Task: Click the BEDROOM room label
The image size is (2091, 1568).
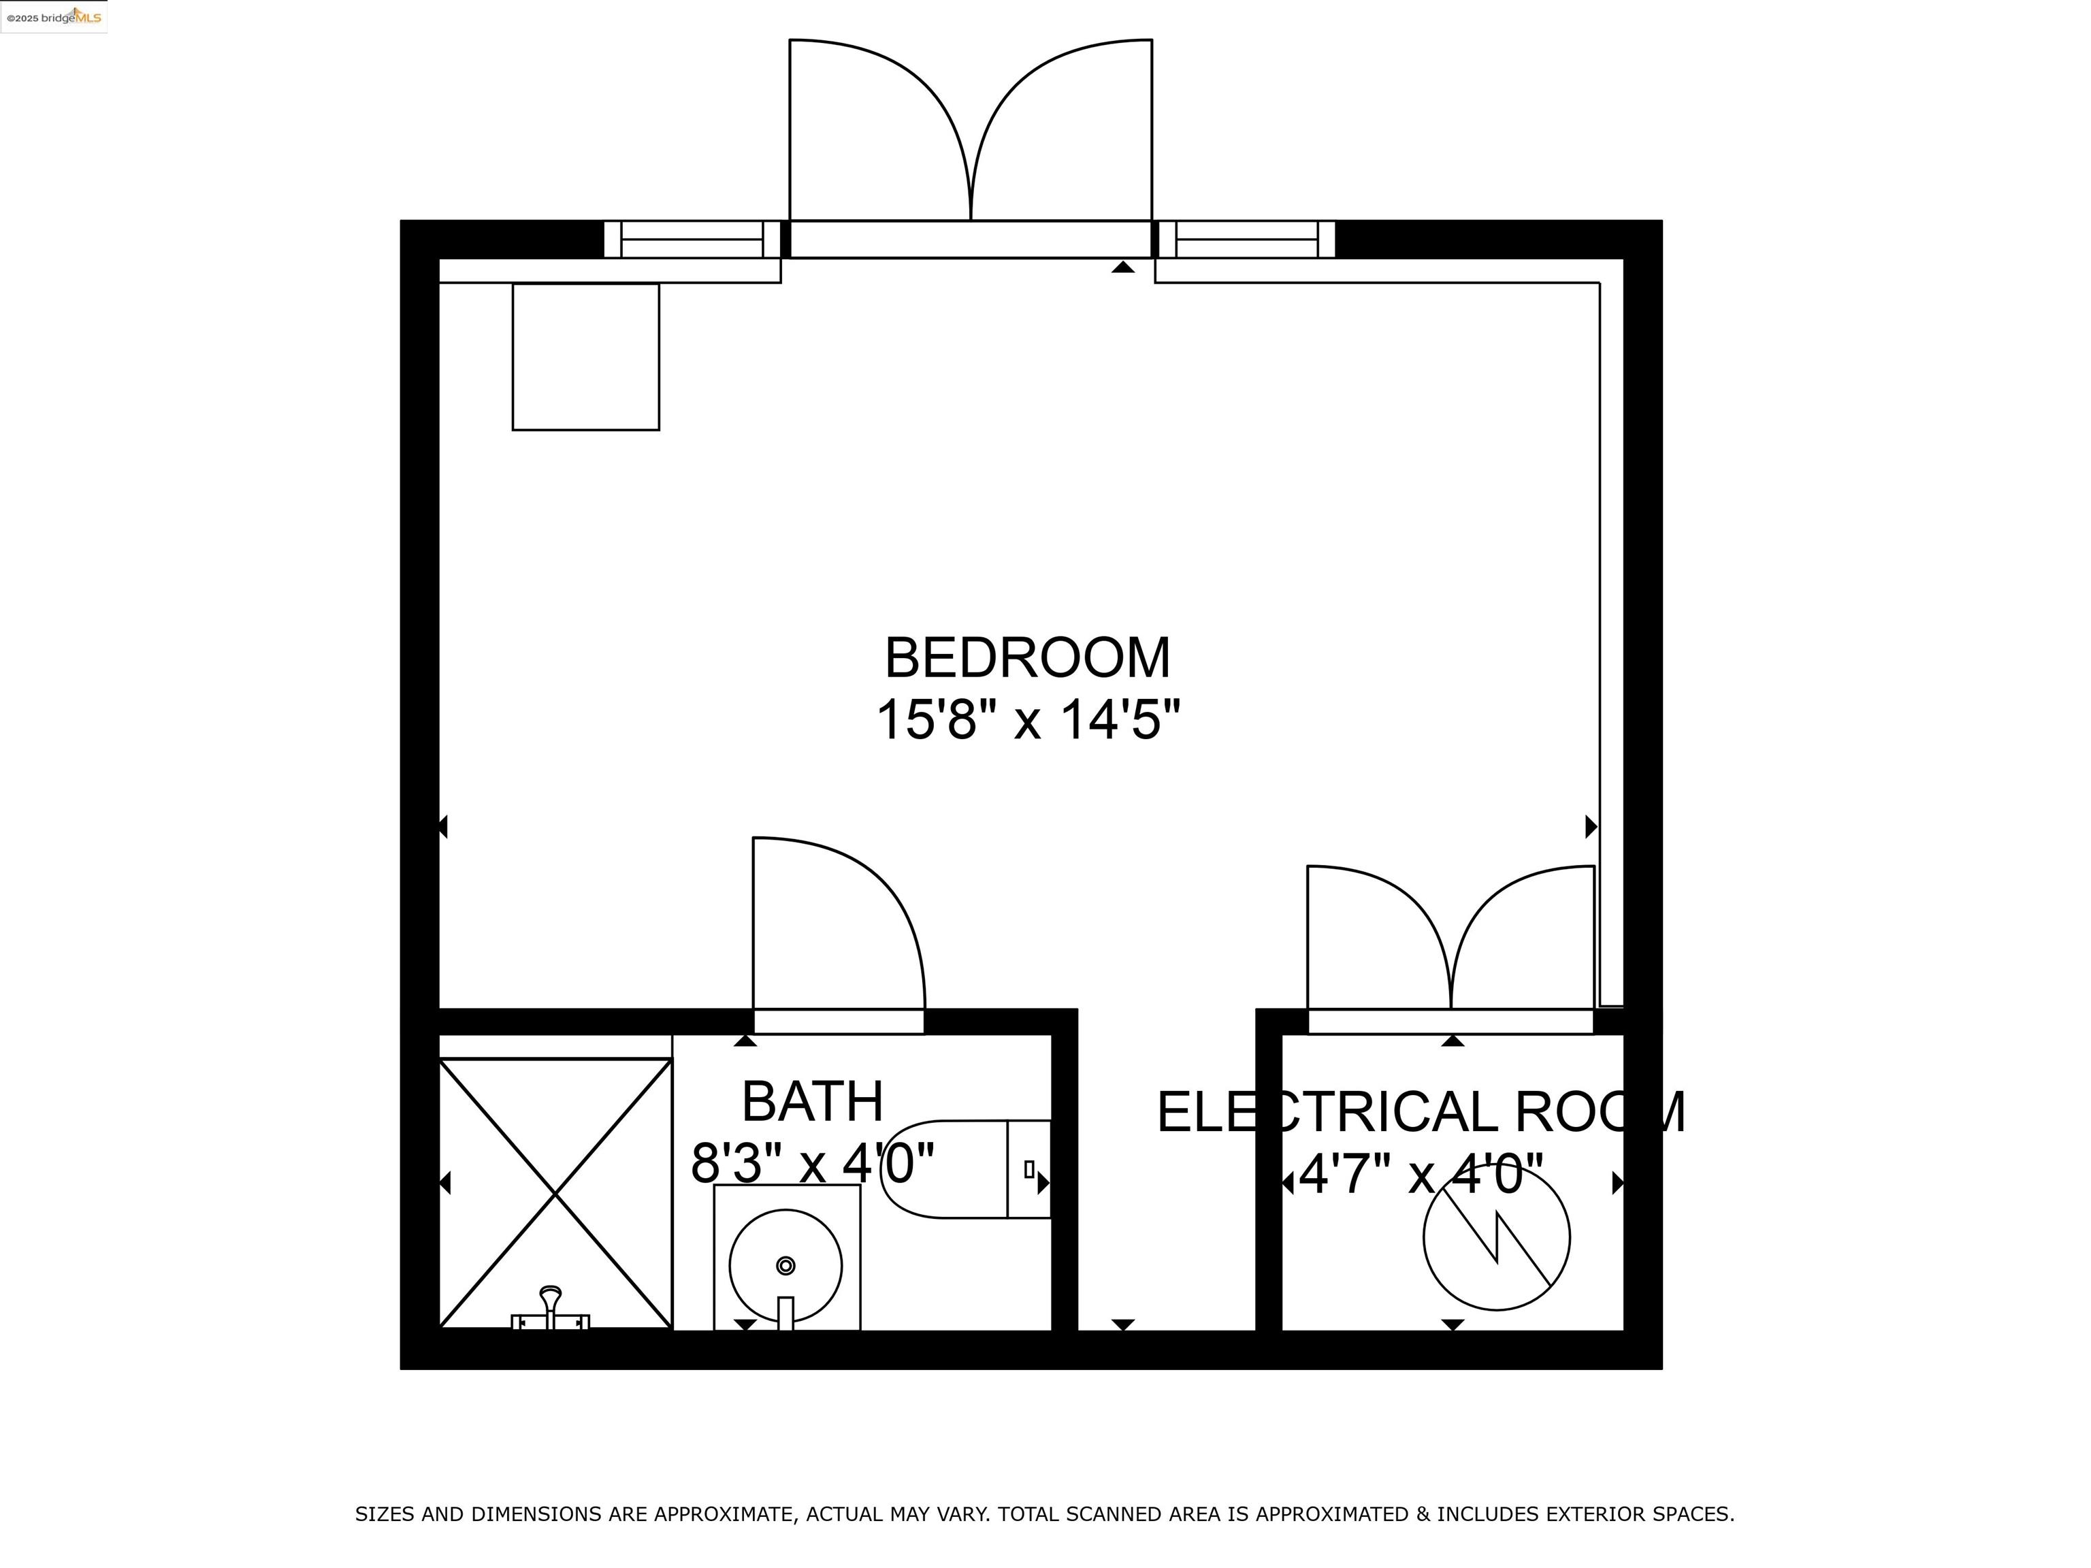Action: tap(1028, 658)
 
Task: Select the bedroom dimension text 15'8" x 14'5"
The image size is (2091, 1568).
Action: tap(1028, 720)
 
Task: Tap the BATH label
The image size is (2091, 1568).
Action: tap(812, 1101)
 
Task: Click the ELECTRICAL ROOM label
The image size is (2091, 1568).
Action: tap(1421, 1113)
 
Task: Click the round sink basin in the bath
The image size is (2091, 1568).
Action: tap(785, 1267)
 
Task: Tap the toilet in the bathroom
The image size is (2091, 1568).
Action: tap(955, 1169)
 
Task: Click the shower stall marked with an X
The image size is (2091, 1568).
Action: tap(556, 1194)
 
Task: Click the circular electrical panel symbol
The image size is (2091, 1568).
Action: tap(1496, 1237)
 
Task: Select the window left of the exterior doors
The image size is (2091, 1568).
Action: tap(692, 239)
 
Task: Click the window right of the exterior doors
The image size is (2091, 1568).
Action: tap(1246, 239)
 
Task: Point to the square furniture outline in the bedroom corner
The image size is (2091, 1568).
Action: tap(585, 357)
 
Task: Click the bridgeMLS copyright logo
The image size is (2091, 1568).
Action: tap(54, 17)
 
